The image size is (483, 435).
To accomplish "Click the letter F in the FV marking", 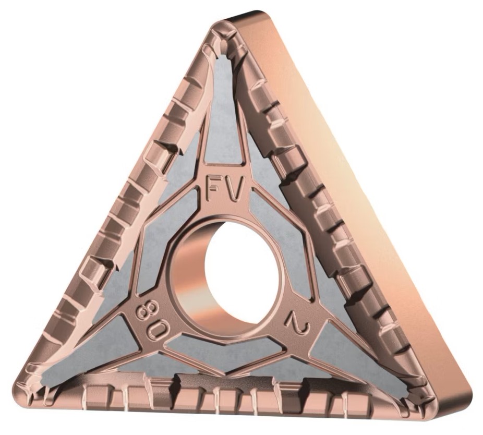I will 214,189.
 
